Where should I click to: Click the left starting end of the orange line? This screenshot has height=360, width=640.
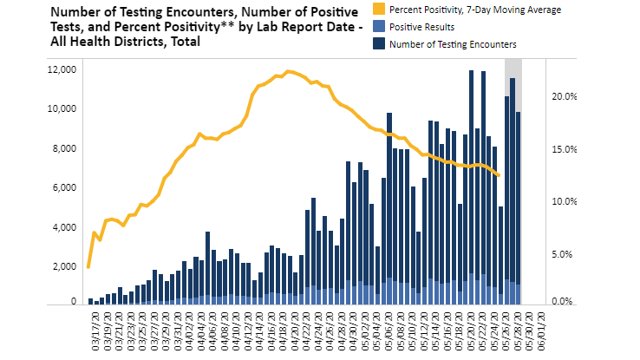pos(89,267)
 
